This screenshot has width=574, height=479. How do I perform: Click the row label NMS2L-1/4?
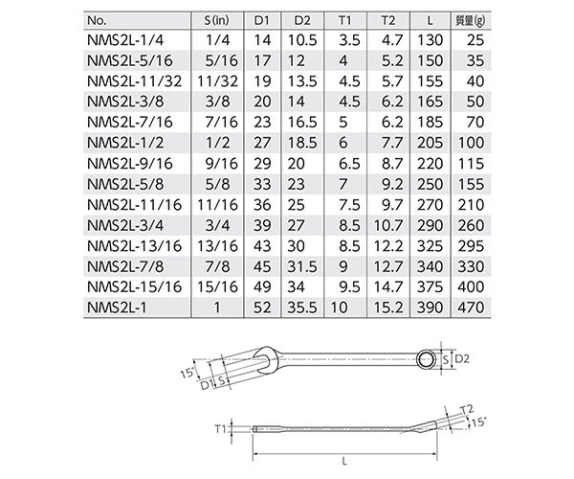point(123,40)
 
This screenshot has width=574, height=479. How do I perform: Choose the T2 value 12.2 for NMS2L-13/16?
point(393,246)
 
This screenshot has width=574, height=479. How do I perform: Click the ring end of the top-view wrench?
point(428,358)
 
